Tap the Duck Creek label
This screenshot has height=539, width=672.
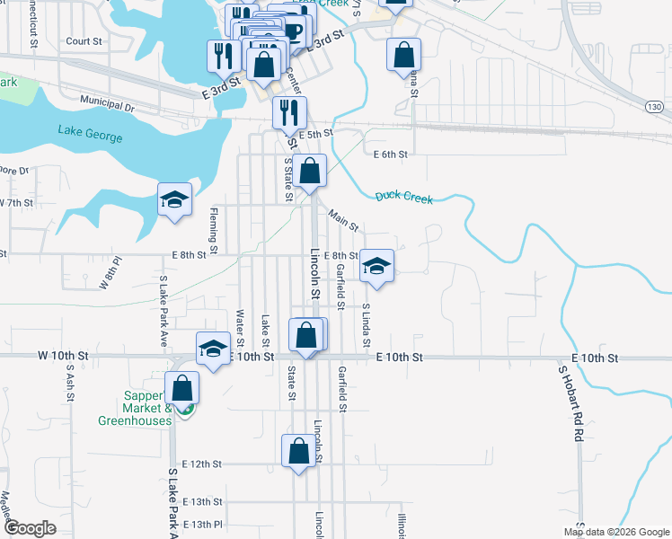point(403,196)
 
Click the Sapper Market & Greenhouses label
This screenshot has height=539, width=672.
point(135,408)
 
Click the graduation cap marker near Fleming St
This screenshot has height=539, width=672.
point(175,200)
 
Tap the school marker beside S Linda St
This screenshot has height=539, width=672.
point(377,267)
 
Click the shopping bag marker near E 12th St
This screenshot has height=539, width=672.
point(298,452)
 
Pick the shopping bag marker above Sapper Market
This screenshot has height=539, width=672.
point(181,389)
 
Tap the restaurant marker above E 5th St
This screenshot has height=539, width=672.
point(289,113)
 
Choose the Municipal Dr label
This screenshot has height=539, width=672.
point(106,104)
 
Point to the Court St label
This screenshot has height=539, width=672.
point(84,41)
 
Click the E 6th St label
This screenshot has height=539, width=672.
point(390,155)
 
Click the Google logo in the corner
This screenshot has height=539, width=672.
point(31,528)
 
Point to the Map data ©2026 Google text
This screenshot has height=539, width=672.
point(617,532)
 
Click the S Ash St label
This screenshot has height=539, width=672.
point(69,386)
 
